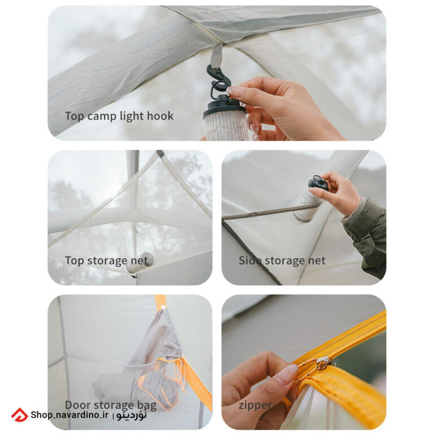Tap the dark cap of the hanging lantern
tap(224, 105)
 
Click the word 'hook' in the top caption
tap(160, 116)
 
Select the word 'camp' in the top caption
tap(102, 116)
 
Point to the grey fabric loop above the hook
tap(216, 56)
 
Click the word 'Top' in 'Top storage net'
tap(74, 261)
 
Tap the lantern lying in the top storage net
tap(140, 262)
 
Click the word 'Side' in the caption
tap(250, 260)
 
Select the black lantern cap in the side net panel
tap(318, 183)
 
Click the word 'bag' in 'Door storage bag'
tap(147, 406)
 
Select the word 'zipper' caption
tap(255, 406)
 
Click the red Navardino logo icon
tap(19, 415)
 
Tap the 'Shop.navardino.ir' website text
tap(70, 415)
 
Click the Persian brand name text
tap(131, 415)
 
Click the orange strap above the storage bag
tap(160, 302)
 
